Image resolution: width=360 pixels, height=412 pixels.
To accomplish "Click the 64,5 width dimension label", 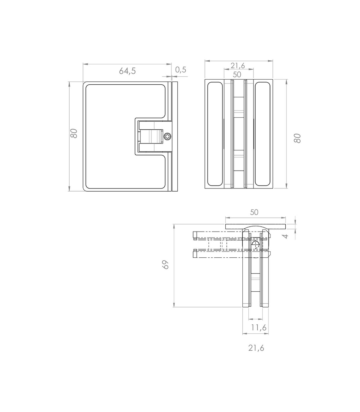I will tap(127, 71).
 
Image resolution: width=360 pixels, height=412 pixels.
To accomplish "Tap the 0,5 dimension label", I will tap(181, 70).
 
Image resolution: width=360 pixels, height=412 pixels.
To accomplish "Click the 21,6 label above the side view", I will tap(238, 65).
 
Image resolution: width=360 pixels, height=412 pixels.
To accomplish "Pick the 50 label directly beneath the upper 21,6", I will tap(237, 74).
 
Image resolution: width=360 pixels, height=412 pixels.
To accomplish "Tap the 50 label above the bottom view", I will tap(254, 212).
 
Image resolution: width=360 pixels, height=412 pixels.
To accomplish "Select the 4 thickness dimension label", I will tap(286, 236).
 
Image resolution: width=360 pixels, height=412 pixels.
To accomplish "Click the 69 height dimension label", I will tap(166, 265).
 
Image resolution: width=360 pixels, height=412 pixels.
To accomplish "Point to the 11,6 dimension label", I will tap(259, 328).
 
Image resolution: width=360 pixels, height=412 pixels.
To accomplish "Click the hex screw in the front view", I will tap(168, 137).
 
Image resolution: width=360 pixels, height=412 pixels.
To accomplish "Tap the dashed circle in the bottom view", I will tap(256, 244).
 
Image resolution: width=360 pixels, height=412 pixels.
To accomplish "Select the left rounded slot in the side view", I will tap(215, 134).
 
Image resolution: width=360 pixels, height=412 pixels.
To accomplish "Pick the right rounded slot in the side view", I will tap(262, 134).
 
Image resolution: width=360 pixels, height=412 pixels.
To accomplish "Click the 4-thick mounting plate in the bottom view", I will tap(255, 226).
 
